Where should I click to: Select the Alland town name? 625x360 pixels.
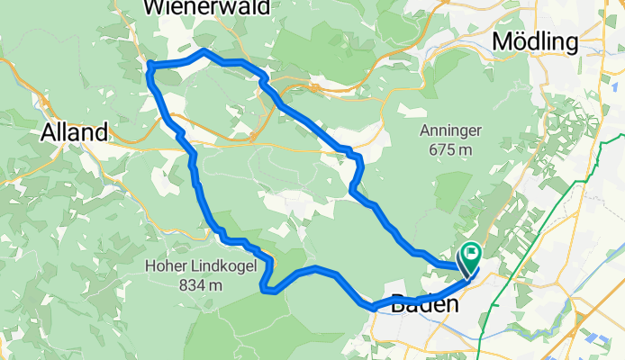coord(75,132)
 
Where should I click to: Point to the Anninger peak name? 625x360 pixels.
coord(450,130)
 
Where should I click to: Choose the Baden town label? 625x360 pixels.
coord(425,306)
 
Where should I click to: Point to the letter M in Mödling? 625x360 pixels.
coord(503,41)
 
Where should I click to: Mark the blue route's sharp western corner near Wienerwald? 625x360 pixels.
coord(149,66)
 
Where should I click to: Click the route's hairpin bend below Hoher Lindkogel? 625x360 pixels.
coord(262,288)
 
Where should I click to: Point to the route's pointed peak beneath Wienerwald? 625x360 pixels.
coord(205,51)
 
